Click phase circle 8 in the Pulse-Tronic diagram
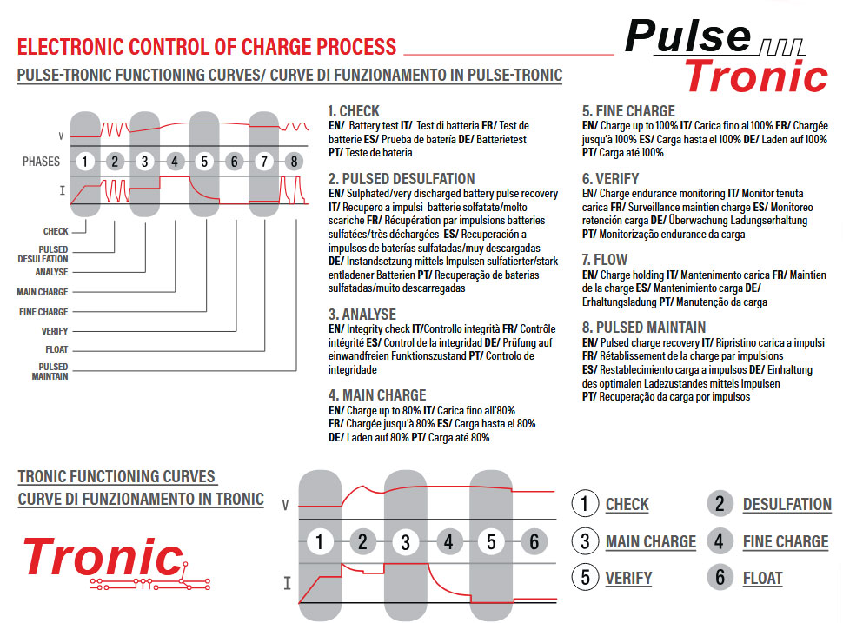294,161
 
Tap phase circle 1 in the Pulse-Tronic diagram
84,161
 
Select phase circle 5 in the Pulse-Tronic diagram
204,161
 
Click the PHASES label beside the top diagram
41,161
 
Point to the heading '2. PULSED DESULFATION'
402,179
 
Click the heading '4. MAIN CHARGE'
377,395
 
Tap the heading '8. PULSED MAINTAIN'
643,328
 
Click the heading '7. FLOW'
605,260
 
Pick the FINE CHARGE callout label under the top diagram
43,312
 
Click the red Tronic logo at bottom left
103,557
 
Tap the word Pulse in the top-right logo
687,36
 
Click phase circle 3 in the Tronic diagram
405,543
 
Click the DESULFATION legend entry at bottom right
787,505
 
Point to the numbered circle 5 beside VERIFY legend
585,578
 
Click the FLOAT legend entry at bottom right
762,578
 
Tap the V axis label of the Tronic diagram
285,505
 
